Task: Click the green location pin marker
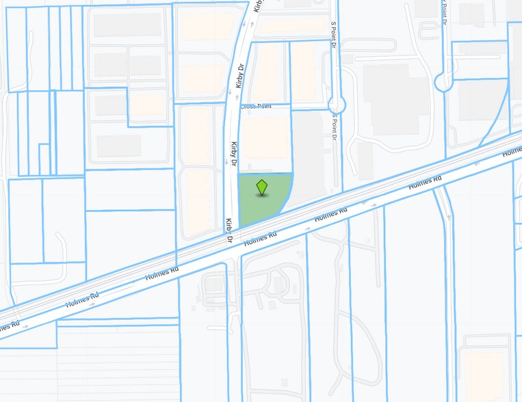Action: [x=261, y=187]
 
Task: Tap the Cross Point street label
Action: [x=255, y=107]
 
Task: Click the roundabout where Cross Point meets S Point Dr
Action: [x=336, y=105]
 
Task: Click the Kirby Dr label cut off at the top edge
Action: [x=258, y=5]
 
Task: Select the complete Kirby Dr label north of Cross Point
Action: [x=240, y=76]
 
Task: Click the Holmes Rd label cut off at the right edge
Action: [x=512, y=150]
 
